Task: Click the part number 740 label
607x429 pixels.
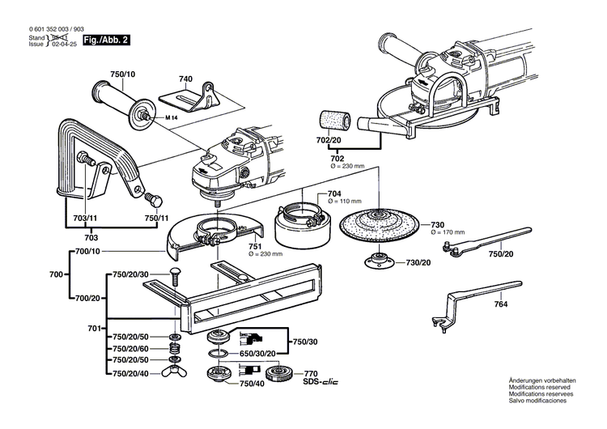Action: [186, 79]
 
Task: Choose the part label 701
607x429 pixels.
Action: [93, 328]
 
